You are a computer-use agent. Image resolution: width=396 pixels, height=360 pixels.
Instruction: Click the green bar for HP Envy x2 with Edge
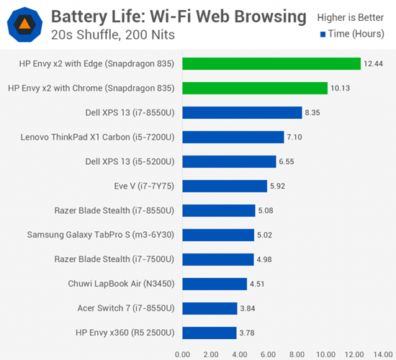271,63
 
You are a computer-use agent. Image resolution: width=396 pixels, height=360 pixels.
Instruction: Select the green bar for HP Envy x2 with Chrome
255,88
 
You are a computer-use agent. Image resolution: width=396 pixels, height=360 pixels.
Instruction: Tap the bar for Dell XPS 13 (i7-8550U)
242,112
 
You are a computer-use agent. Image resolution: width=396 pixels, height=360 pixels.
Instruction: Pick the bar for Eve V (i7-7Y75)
225,186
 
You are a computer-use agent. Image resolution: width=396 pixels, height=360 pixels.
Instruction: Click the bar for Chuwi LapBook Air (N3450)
215,284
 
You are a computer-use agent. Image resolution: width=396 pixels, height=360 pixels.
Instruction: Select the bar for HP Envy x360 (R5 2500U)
210,333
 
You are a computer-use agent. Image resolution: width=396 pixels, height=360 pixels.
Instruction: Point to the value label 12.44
373,63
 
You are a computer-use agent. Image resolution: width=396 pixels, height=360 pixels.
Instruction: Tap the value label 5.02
267,235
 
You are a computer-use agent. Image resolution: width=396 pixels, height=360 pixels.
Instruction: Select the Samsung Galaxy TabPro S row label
102,235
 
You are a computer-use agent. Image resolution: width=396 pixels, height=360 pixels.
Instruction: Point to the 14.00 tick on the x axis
383,354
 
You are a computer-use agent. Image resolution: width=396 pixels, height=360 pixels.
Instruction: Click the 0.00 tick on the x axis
183,354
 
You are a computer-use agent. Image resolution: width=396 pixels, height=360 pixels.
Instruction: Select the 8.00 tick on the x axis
297,354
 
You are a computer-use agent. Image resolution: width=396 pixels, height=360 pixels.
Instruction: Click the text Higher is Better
351,16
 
